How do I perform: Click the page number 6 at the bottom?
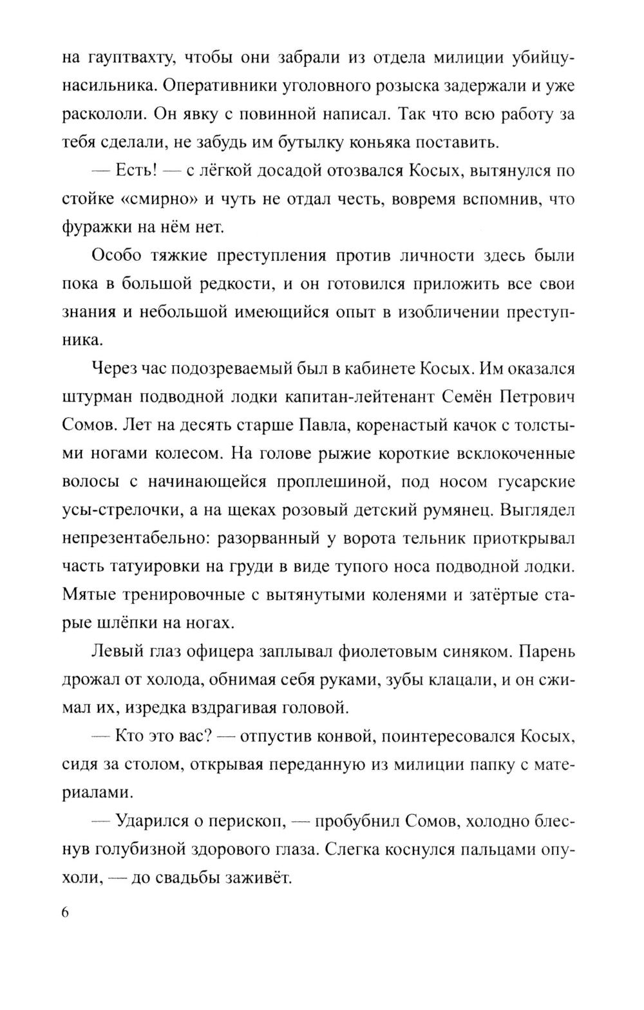(66, 914)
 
